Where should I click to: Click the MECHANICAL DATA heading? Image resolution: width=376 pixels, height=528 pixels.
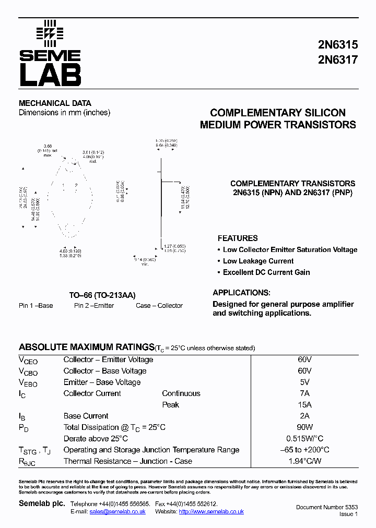tap(55, 103)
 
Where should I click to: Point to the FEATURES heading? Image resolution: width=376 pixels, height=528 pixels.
tap(238, 238)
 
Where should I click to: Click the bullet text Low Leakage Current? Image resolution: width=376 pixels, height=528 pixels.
tap(258, 261)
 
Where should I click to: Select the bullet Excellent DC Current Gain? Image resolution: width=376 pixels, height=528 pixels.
tap(266, 272)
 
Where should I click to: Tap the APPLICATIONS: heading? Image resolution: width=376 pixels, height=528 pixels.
tap(241, 293)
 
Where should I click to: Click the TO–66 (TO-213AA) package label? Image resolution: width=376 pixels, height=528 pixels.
tap(102, 295)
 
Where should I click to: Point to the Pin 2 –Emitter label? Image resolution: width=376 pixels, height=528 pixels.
tap(94, 306)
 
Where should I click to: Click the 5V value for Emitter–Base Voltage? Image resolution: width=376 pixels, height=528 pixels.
tap(305, 382)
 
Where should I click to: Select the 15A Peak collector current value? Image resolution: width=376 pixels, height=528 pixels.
tap(305, 405)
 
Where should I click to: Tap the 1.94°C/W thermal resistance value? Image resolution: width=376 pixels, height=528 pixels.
tap(305, 461)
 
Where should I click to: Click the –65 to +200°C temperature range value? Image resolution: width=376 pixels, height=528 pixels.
tap(305, 450)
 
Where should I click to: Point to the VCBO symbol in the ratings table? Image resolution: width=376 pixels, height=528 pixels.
tap(28, 371)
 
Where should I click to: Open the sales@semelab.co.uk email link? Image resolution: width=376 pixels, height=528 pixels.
tap(118, 512)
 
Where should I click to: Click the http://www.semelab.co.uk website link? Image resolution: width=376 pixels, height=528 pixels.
tap(211, 512)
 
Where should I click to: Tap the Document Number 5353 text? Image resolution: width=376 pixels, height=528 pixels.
tap(326, 507)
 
